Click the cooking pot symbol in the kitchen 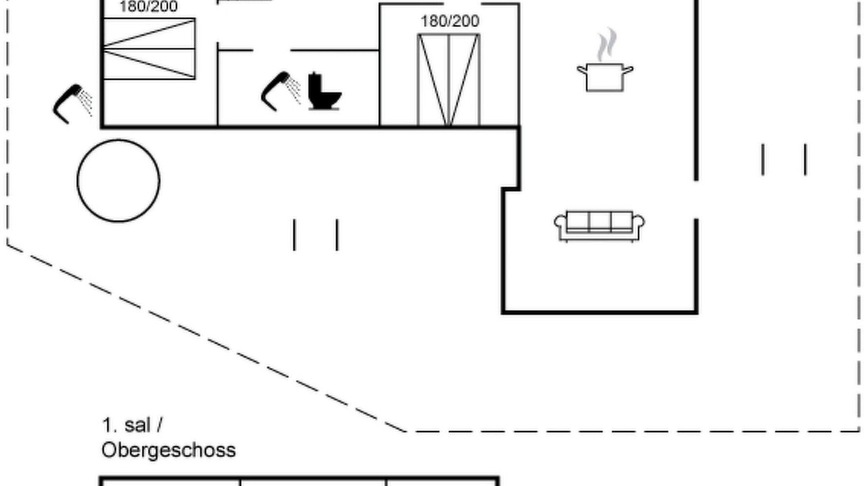605,77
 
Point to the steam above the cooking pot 607,45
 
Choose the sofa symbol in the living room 599,226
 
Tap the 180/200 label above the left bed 148,7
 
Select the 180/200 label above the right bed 450,21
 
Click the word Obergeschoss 169,450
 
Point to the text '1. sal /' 132,425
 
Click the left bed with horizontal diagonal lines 149,49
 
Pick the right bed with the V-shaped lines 449,80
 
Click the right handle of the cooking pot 628,70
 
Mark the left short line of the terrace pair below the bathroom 294,235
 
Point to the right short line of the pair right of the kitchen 805,160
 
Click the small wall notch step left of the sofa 511,189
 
